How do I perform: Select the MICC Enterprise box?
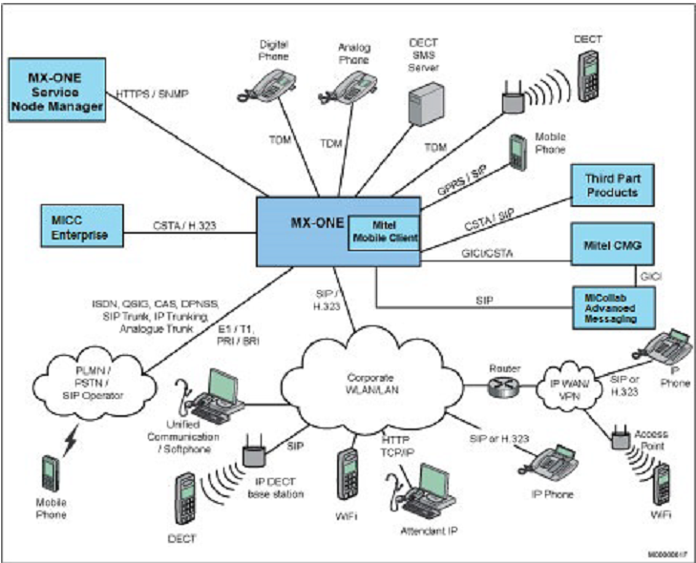coord(74,228)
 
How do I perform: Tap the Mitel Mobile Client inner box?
coord(384,229)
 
